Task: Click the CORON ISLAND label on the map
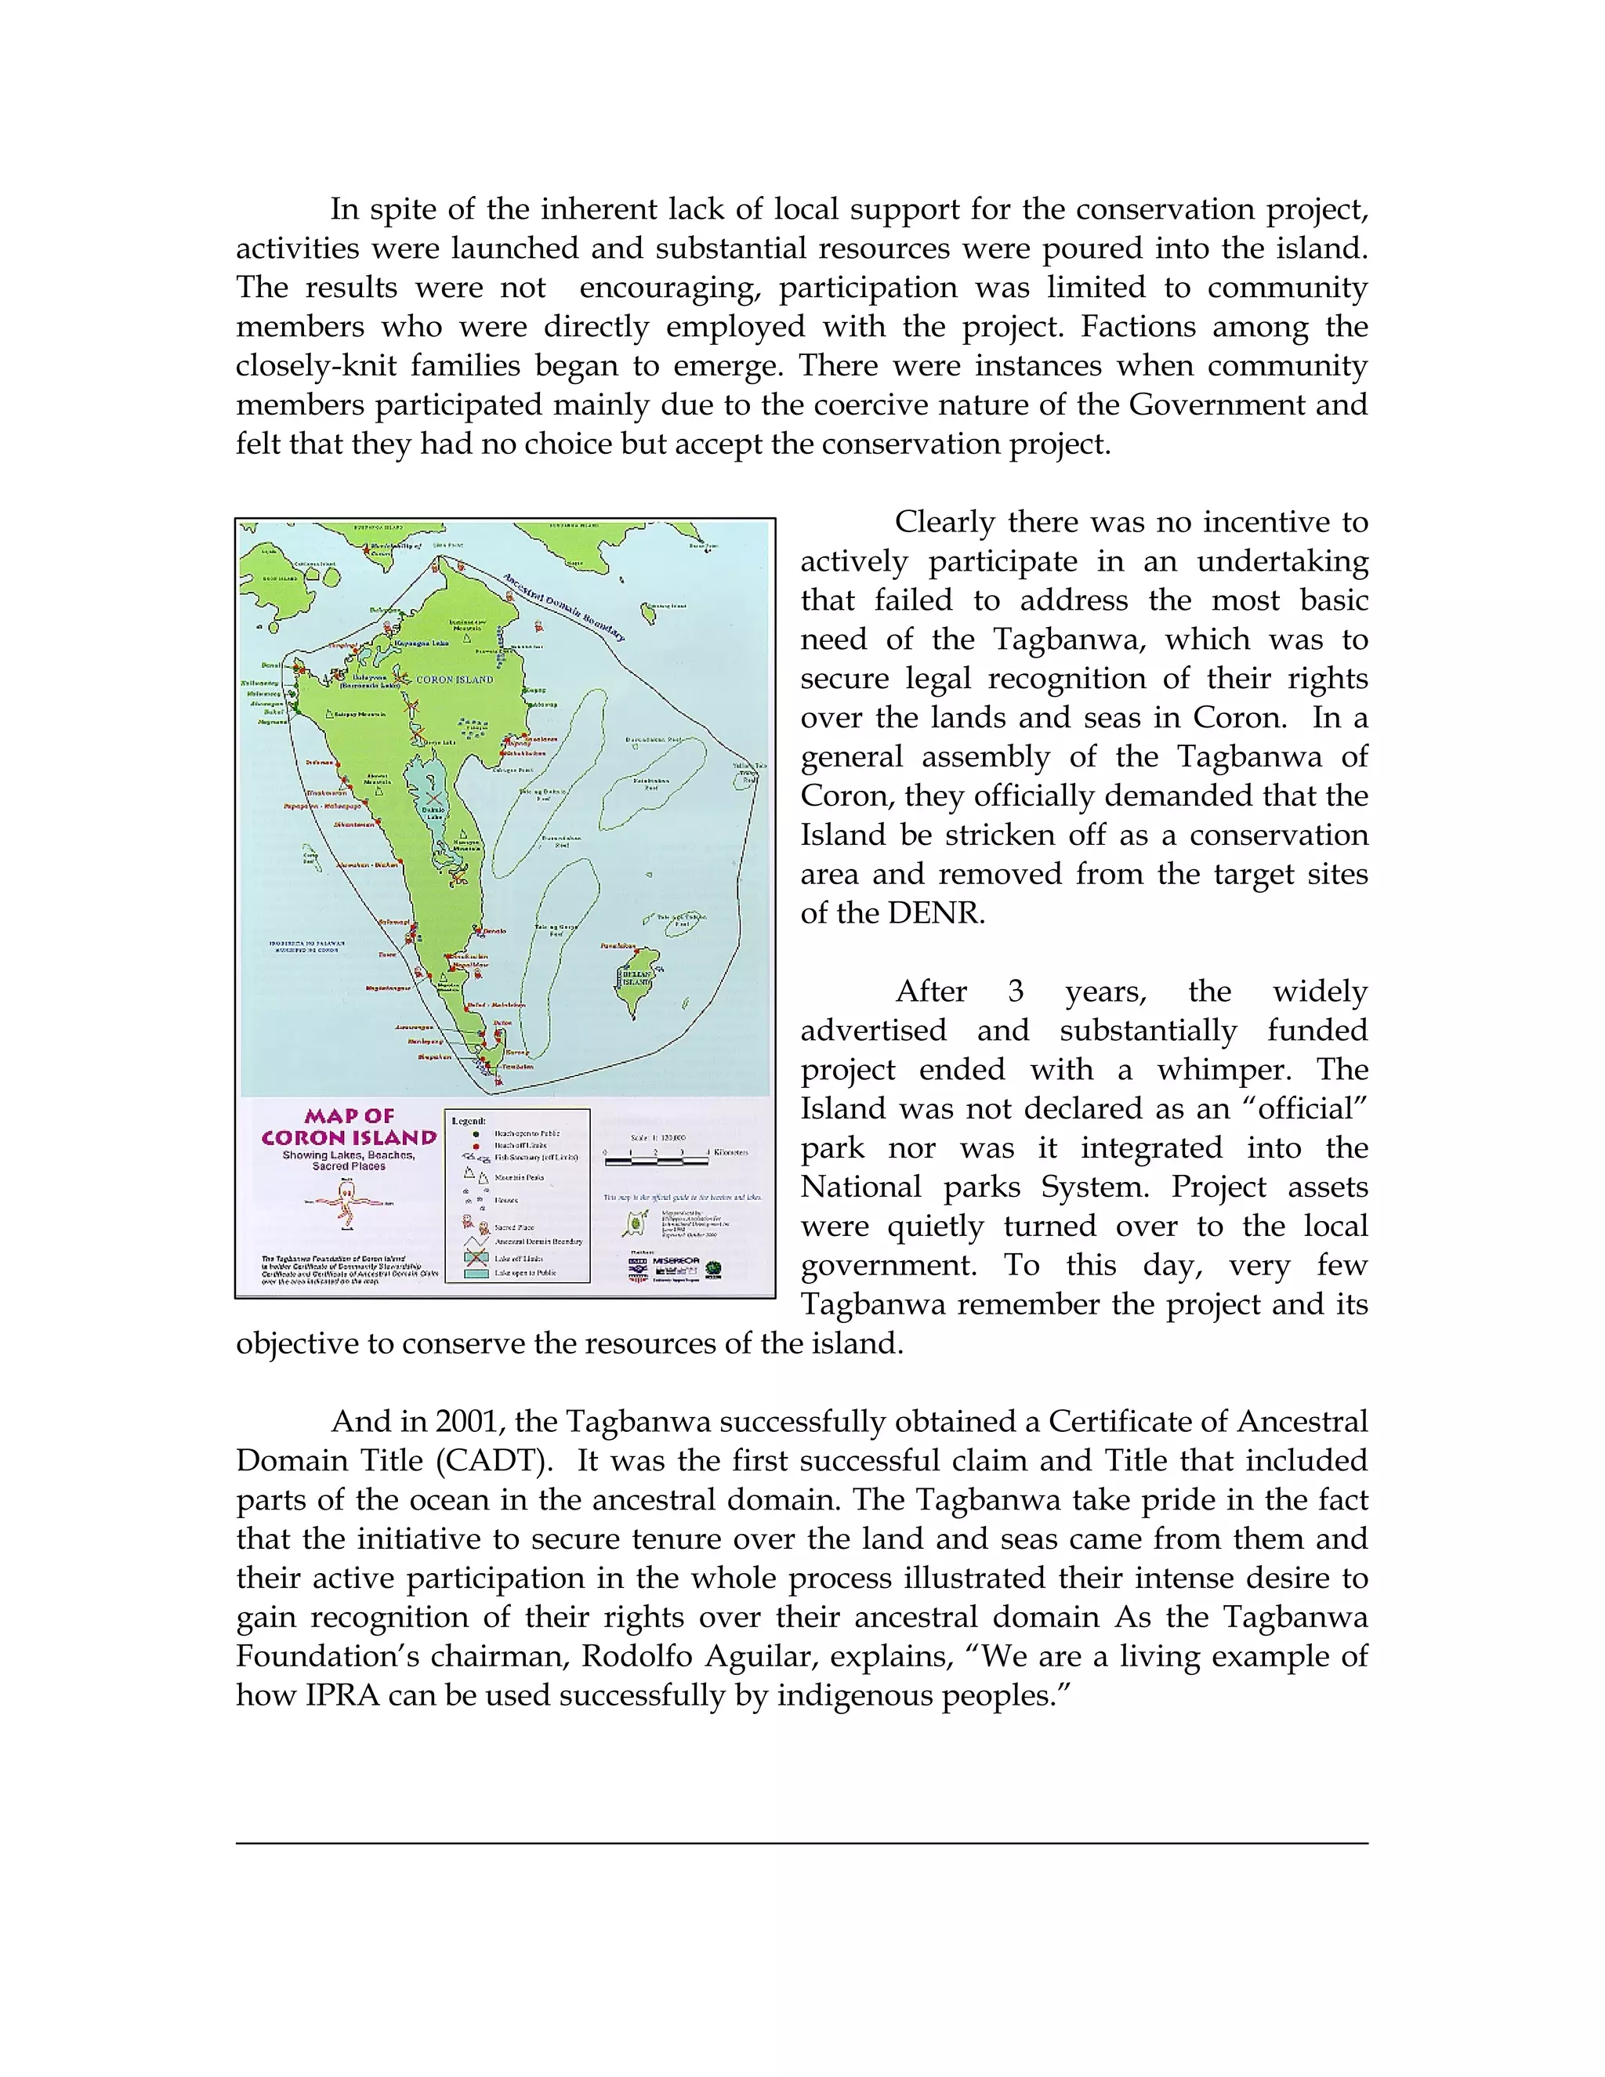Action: point(455,679)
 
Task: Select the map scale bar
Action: point(656,1158)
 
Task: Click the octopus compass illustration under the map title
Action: point(348,1207)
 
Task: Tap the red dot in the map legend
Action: point(476,1146)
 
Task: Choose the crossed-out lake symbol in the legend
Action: point(476,1257)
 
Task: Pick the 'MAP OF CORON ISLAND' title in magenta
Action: point(349,1127)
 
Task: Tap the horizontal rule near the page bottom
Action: point(802,1843)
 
